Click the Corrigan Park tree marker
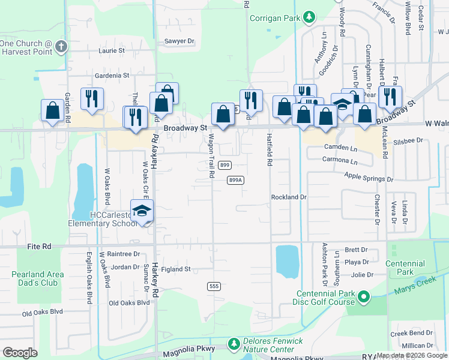pos(309,17)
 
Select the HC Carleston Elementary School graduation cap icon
pos(142,211)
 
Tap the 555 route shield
pos(214,286)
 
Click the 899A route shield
pos(236,180)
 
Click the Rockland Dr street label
pos(289,197)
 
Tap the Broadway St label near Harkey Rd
pos(185,128)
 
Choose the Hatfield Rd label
pos(269,150)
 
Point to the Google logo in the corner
pos(20,353)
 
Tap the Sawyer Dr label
pos(179,41)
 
